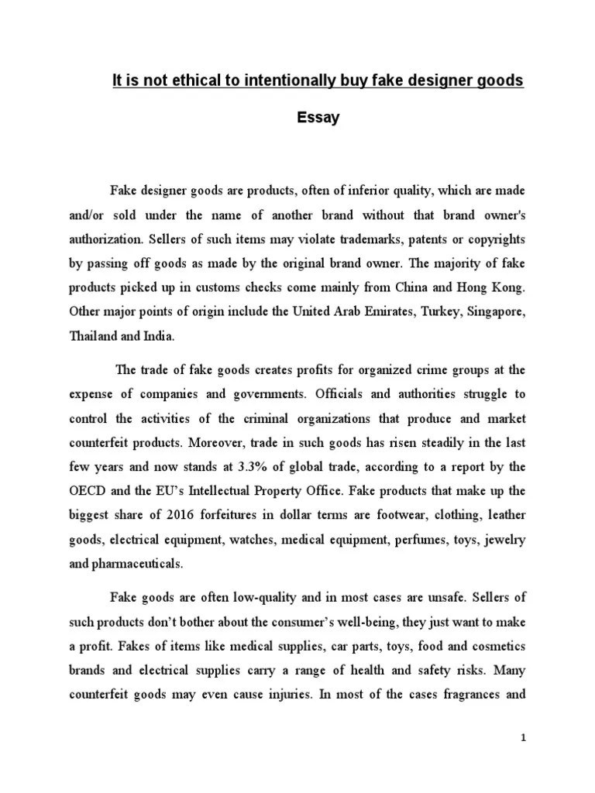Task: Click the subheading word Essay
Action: point(318,119)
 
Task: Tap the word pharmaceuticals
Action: point(137,564)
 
